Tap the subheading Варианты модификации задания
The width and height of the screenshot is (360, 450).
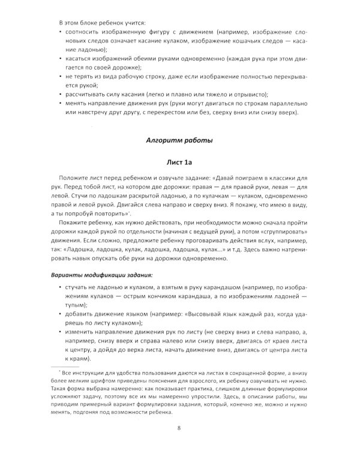pyautogui.click(x=101, y=274)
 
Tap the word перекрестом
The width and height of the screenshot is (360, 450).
pyautogui.click(x=193, y=116)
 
